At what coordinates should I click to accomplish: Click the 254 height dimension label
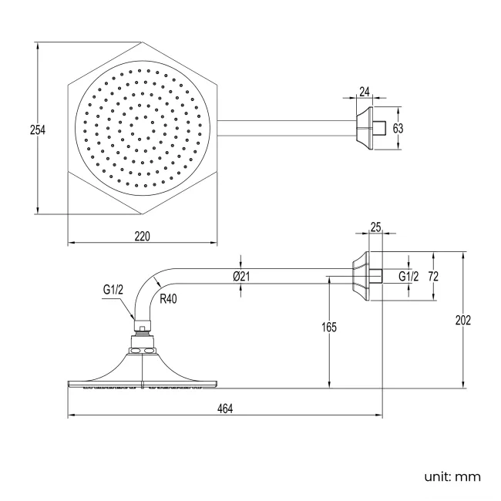(x=38, y=130)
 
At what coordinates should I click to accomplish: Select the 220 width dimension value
(x=142, y=237)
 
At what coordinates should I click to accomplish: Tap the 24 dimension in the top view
(x=365, y=92)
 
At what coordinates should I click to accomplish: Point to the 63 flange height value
(x=398, y=128)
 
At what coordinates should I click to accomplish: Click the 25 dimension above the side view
(x=376, y=227)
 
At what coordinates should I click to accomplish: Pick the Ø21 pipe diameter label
(x=241, y=277)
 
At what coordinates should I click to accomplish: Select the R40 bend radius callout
(x=168, y=299)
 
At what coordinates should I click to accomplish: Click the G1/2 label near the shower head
(x=113, y=290)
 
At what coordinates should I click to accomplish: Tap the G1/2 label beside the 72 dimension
(x=409, y=277)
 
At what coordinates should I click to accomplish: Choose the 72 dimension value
(x=433, y=277)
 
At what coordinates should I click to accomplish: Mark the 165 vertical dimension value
(x=329, y=327)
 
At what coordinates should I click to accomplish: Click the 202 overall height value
(x=463, y=320)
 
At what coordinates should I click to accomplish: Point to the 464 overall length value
(x=225, y=409)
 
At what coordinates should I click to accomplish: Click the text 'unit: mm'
(x=452, y=477)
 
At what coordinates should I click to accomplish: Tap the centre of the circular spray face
(x=143, y=128)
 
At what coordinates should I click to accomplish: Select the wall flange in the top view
(x=365, y=128)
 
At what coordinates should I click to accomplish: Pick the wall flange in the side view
(x=361, y=276)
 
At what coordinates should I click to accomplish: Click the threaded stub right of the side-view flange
(x=376, y=276)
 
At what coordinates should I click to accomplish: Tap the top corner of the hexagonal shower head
(x=142, y=42)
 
